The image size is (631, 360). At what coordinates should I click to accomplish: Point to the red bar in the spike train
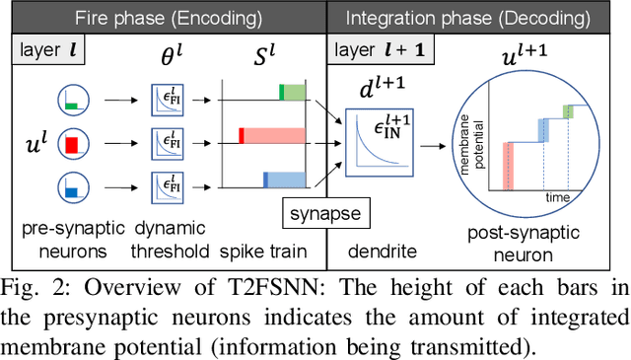coord(274,136)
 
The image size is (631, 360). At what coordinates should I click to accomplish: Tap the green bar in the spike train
coord(293,93)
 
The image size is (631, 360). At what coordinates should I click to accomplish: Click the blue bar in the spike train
coord(286,180)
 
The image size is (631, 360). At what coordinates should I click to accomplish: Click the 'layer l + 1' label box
coord(379,48)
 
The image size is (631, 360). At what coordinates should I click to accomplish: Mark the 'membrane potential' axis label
coord(490,138)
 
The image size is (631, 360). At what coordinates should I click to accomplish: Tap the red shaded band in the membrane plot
coord(510,164)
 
